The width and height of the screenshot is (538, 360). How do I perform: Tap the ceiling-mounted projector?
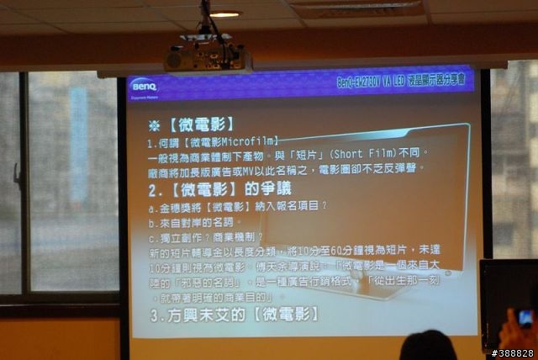tap(207, 58)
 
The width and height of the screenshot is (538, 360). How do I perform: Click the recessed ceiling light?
tap(224, 14)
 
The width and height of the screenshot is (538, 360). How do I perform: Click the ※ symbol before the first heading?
tap(154, 124)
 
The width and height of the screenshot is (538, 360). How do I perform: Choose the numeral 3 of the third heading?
tap(156, 316)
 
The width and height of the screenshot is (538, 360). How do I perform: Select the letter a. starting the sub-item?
tap(152, 207)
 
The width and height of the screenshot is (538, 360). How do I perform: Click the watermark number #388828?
tap(513, 352)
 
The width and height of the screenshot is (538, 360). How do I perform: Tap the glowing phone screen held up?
tap(525, 317)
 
